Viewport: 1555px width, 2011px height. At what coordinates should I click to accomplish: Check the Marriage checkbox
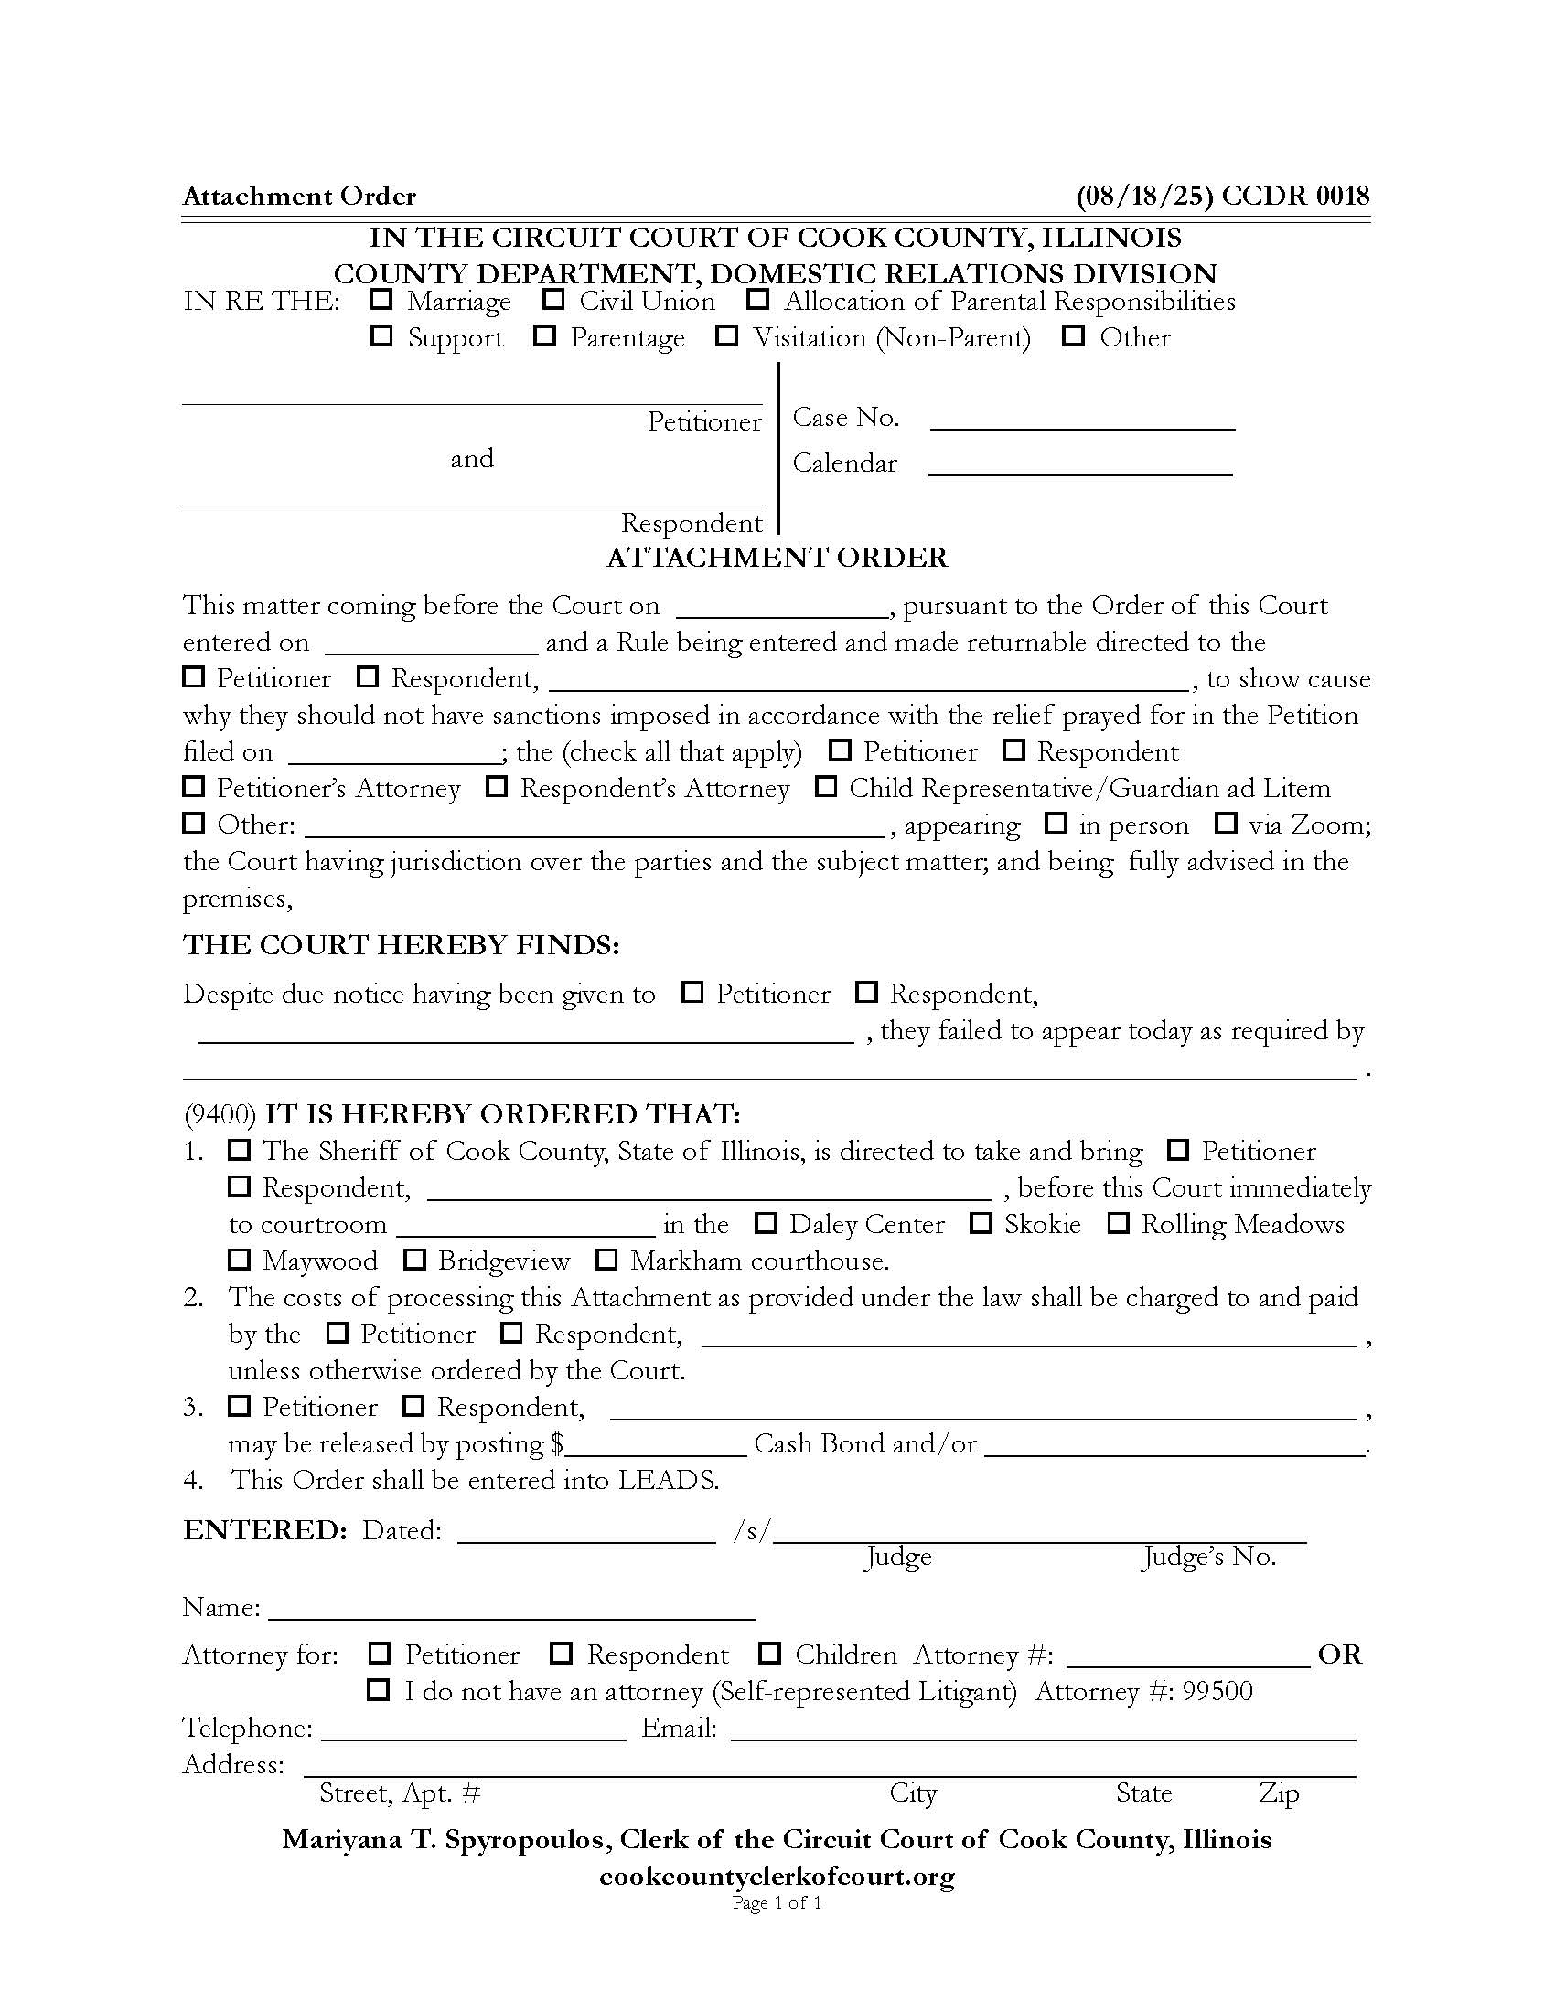[x=381, y=299]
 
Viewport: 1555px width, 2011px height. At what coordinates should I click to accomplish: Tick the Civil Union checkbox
[x=553, y=299]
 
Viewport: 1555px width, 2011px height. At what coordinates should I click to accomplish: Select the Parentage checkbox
[x=545, y=335]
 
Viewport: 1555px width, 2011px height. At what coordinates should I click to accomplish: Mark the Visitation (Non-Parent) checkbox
[x=728, y=335]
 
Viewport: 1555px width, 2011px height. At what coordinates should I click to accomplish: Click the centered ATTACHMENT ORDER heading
[x=777, y=558]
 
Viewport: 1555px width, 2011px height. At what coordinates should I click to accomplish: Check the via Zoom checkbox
[x=1225, y=823]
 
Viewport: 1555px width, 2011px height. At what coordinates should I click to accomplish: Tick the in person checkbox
[x=1056, y=823]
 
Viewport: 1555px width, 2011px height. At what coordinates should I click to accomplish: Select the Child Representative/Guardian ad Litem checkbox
[x=826, y=786]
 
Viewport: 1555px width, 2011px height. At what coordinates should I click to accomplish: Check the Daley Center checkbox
[x=766, y=1223]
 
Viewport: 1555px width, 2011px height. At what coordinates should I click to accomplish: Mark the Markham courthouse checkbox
[x=606, y=1259]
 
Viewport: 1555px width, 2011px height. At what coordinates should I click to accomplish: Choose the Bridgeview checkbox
[x=414, y=1259]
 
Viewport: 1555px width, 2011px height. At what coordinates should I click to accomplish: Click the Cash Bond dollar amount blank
[x=655, y=1443]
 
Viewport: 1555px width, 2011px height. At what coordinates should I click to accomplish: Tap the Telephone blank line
[x=474, y=1729]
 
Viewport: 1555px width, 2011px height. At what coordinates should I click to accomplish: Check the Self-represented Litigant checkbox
[x=379, y=1690]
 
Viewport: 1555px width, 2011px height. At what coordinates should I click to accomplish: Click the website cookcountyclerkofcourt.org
[x=777, y=1876]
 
